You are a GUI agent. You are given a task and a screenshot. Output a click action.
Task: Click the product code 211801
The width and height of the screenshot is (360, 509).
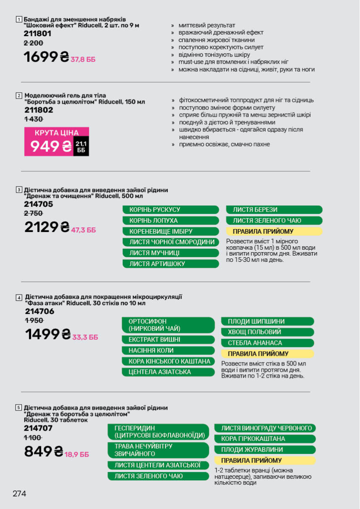click(37, 34)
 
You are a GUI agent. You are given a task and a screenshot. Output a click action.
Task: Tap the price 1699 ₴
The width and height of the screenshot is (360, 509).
click(46, 57)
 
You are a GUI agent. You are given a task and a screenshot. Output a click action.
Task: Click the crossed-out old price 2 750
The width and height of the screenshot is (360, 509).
click(33, 213)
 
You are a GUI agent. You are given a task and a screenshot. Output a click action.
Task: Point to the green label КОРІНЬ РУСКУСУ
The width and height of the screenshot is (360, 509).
click(171, 210)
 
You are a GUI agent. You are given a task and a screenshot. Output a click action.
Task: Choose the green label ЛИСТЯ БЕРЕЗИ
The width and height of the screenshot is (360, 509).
click(274, 210)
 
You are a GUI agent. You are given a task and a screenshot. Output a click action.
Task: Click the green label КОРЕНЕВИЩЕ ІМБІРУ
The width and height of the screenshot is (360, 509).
click(171, 232)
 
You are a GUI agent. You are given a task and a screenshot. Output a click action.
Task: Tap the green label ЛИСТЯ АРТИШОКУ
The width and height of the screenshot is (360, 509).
click(171, 264)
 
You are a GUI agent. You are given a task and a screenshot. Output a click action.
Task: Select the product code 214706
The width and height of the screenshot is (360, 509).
click(40, 312)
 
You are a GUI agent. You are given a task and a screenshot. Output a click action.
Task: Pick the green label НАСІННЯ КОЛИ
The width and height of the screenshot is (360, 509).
click(168, 350)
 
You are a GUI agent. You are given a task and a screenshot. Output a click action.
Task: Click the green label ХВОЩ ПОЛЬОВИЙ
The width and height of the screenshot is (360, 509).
click(267, 332)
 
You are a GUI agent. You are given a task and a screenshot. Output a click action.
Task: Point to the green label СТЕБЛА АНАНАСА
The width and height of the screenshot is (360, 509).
click(267, 343)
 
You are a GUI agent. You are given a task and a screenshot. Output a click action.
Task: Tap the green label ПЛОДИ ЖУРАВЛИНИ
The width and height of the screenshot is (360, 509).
click(265, 450)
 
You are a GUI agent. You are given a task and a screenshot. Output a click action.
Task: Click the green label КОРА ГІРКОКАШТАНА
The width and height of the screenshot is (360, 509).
click(265, 439)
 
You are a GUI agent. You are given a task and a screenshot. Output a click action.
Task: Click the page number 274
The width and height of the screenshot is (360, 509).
click(19, 494)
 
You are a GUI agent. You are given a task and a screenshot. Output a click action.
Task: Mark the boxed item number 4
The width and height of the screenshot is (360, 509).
click(19, 298)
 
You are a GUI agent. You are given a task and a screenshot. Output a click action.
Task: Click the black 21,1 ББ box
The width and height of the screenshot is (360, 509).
click(81, 147)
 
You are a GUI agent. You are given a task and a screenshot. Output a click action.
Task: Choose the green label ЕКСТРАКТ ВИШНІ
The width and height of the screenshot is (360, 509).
click(168, 340)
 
